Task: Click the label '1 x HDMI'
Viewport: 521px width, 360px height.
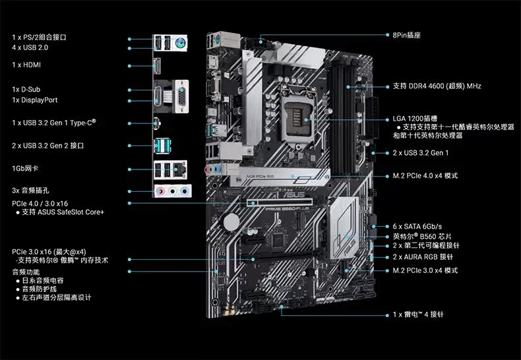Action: [26, 65]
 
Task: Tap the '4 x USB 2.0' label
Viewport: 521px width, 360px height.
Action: [30, 48]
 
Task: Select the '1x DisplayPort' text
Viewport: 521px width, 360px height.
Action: [35, 100]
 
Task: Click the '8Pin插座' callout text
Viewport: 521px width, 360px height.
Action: [407, 34]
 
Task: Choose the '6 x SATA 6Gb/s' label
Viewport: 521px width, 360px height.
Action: [418, 225]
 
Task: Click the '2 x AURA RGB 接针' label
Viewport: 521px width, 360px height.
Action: [423, 256]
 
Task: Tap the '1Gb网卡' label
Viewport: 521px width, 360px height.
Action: [25, 168]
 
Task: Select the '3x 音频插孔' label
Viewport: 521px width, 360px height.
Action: [30, 191]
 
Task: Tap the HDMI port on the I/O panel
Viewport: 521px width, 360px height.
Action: [158, 67]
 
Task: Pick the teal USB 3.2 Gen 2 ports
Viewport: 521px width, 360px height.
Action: [163, 145]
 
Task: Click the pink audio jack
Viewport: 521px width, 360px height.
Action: [160, 191]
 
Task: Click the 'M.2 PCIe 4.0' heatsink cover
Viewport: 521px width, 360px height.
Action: [277, 175]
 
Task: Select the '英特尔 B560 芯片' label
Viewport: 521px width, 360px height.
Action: [422, 236]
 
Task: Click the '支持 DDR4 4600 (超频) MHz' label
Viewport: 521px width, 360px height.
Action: [437, 86]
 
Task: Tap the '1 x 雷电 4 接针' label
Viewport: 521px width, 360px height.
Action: [418, 315]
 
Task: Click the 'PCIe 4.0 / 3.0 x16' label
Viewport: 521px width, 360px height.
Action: [40, 203]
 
